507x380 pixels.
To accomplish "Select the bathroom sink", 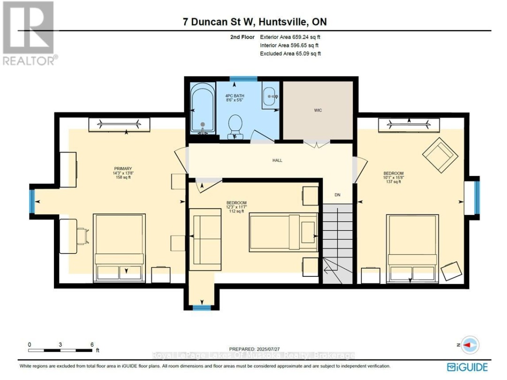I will tap(269, 96).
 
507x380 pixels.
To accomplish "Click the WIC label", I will tap(318, 110).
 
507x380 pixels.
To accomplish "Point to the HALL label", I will tap(277, 160).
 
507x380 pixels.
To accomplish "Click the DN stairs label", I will tap(337, 195).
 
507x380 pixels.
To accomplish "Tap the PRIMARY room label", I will tap(123, 169).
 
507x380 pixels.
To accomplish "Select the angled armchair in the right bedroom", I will tap(440, 152).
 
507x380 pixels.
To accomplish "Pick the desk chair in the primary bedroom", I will tap(82, 236).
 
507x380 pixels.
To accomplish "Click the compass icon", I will tap(470, 345).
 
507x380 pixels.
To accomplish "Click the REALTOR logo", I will tap(29, 33).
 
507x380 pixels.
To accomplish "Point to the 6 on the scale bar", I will tap(92, 344).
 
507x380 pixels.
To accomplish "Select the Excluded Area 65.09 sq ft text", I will tap(290, 54).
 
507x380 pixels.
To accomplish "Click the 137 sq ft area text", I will tap(393, 182).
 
